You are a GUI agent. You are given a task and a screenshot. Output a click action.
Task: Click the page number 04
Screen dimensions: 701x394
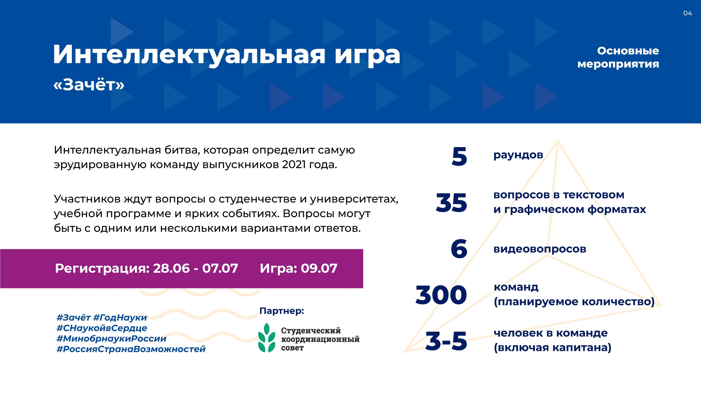pos(687,13)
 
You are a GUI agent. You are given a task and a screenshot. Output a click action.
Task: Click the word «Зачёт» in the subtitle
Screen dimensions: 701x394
pos(89,84)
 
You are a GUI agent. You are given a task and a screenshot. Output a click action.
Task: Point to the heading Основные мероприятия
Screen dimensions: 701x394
pos(618,57)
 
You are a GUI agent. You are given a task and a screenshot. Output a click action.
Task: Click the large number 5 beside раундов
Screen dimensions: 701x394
pos(460,156)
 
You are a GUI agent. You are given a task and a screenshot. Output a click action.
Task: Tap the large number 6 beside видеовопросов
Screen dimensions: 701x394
pos(459,249)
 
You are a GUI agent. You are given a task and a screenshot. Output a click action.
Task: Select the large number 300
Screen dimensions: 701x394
pos(441,295)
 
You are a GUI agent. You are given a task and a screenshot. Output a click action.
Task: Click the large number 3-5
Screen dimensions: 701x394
pos(446,341)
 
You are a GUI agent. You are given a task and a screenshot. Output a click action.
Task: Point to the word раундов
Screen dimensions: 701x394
pos(518,155)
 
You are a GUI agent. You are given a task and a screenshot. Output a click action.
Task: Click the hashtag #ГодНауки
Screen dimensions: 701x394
pos(120,318)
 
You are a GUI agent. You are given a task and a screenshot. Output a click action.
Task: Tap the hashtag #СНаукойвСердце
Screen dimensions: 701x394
pos(102,328)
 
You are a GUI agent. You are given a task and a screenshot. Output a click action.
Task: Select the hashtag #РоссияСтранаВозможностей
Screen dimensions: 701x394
pos(131,349)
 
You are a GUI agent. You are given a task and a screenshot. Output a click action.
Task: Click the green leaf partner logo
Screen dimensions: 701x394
pos(267,338)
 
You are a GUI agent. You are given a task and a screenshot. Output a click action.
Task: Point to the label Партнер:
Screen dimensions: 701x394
pos(282,311)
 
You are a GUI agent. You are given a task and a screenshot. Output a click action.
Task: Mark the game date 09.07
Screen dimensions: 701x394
pos(319,268)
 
